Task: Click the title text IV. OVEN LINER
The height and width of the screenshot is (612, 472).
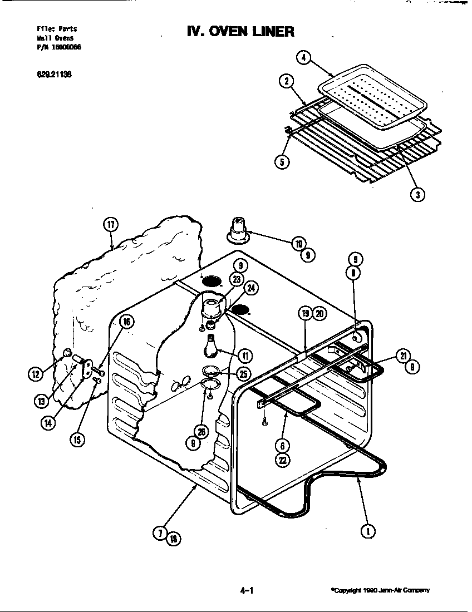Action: point(240,31)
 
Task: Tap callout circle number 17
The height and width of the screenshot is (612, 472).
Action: point(111,224)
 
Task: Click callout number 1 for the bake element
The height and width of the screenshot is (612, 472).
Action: point(367,531)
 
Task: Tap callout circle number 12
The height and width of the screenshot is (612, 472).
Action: point(36,374)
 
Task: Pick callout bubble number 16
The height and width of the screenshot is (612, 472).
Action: point(126,322)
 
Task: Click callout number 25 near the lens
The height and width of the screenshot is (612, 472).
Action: point(244,373)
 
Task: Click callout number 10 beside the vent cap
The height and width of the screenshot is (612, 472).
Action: point(299,243)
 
